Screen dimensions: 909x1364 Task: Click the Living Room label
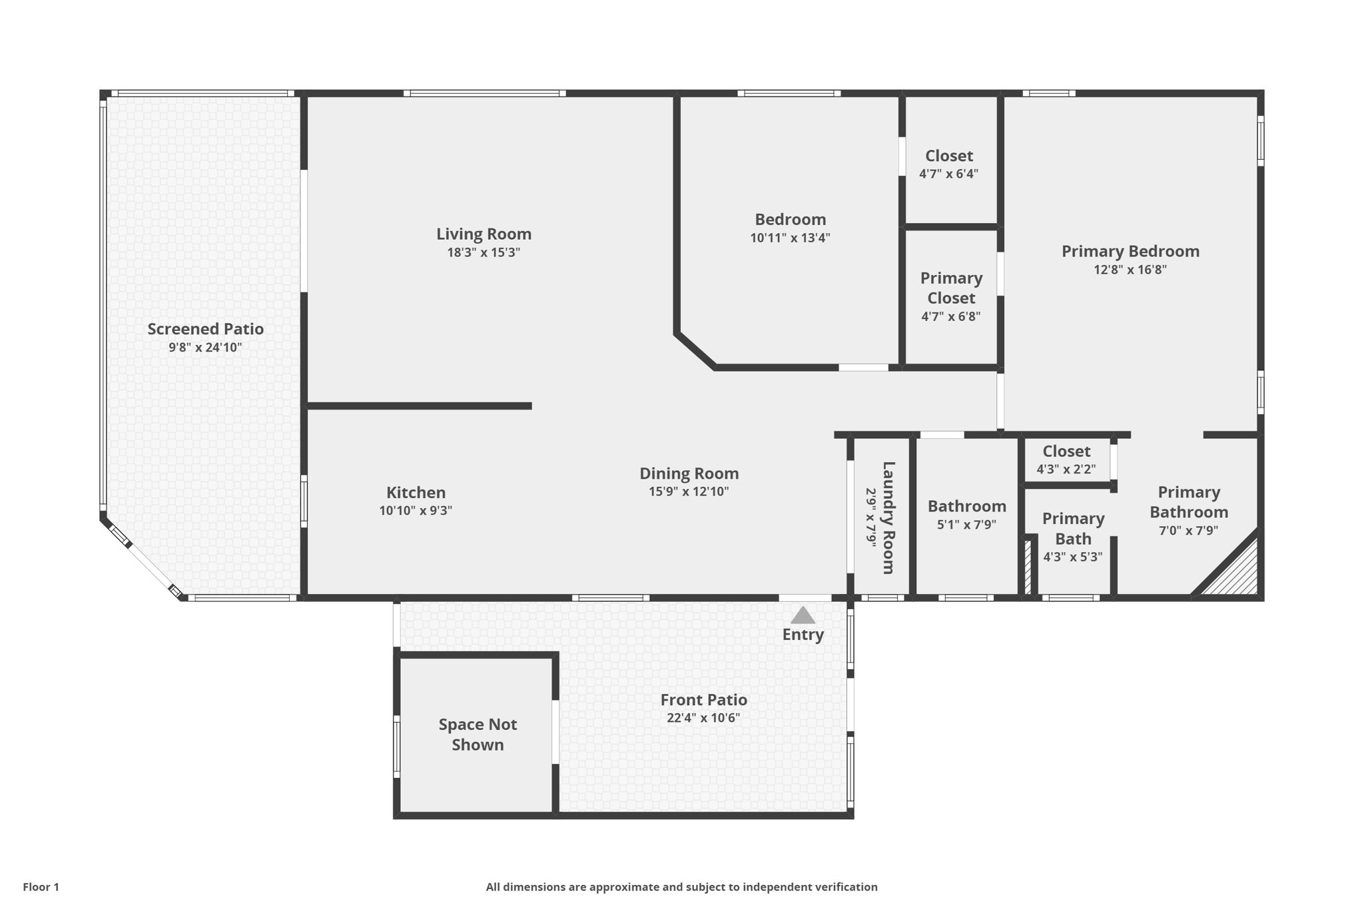tap(484, 234)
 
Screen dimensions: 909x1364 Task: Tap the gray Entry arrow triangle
tap(803, 616)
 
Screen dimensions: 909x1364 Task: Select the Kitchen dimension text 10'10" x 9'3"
tap(416, 511)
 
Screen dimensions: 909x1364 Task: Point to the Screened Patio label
tap(205, 329)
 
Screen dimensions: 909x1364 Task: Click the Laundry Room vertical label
tap(888, 517)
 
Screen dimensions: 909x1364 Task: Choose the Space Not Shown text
tap(478, 735)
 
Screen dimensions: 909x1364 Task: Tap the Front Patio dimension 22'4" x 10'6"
tap(703, 718)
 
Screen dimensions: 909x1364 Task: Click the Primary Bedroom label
tap(1130, 251)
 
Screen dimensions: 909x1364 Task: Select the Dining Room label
tap(689, 473)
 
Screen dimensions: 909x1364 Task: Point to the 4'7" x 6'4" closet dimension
tap(948, 174)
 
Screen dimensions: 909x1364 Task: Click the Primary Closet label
tap(951, 288)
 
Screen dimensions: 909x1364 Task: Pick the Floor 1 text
tap(41, 887)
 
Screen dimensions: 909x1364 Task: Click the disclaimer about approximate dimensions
tap(681, 887)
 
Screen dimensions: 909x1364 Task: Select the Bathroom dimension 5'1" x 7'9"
tap(966, 524)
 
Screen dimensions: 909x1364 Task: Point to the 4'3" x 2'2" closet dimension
tap(1066, 469)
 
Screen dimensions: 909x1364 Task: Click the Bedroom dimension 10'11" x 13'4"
tap(790, 238)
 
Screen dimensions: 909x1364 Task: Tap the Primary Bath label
tap(1073, 529)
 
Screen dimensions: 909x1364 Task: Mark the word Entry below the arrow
tap(803, 635)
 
